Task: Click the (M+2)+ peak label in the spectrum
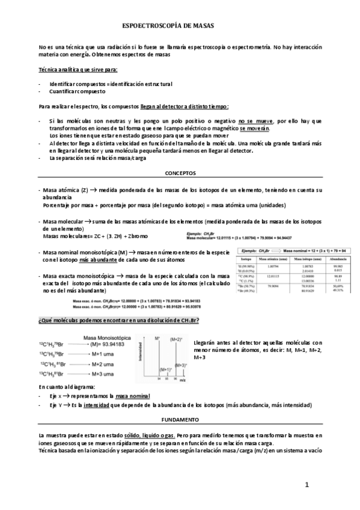click(x=176, y=340)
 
